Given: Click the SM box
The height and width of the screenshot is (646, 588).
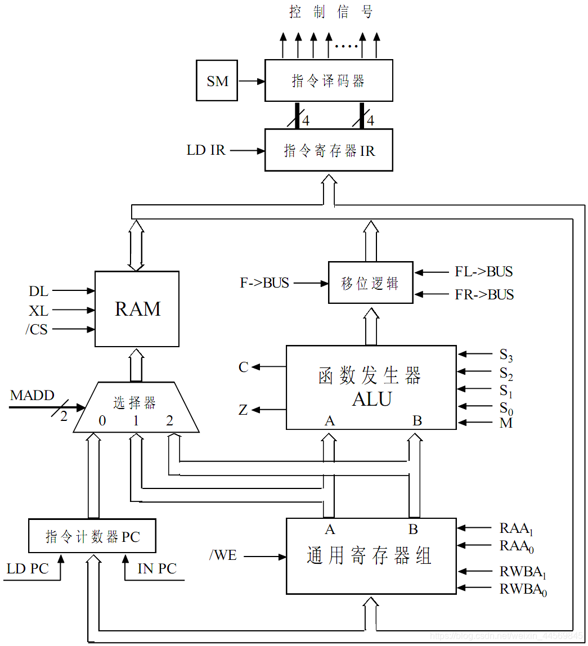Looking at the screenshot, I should [x=217, y=81].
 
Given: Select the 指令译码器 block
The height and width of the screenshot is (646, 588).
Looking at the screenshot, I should [x=329, y=80].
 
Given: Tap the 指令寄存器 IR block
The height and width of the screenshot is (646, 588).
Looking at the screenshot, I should [x=329, y=150].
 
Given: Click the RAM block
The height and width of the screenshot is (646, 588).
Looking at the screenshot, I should [x=137, y=309].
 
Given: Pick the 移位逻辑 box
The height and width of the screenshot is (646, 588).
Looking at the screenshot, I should [x=370, y=283].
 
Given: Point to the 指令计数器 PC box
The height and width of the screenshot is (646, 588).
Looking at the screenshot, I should [x=92, y=537].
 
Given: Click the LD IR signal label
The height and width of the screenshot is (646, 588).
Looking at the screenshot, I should [x=206, y=150].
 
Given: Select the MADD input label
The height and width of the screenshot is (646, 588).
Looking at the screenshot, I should [x=32, y=396].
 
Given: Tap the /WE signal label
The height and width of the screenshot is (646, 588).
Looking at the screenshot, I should [x=223, y=556].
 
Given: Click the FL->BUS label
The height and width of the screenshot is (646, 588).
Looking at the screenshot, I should [x=483, y=272].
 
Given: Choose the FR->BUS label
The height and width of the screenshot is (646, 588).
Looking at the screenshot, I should [x=484, y=294].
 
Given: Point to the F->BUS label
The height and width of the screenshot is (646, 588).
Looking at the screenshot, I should [x=264, y=283].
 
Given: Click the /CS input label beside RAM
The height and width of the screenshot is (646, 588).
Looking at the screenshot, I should [x=37, y=329].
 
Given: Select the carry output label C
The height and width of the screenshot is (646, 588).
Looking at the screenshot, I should [x=243, y=367].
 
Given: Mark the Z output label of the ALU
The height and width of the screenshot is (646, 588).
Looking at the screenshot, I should [x=243, y=410].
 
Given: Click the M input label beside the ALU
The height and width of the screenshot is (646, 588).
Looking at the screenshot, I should [x=506, y=423].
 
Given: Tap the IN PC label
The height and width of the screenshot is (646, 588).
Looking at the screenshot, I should [x=157, y=568].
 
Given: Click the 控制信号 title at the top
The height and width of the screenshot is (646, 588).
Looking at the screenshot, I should [x=331, y=12].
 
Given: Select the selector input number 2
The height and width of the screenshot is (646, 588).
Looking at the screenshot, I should [x=169, y=420].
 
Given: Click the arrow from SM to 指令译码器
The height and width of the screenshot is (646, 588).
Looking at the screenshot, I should [x=251, y=81].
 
